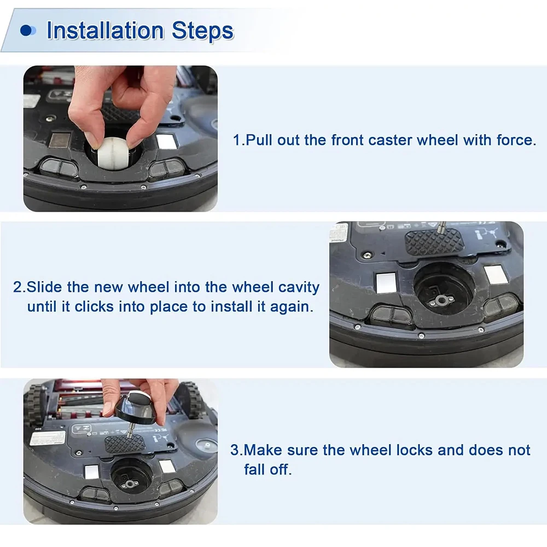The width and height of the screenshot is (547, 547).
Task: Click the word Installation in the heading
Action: click(105, 30)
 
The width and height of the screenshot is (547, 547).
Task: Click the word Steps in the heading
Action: click(203, 30)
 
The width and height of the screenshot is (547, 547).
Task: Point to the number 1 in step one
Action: click(237, 140)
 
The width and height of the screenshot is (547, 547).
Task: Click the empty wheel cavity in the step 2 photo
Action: click(444, 293)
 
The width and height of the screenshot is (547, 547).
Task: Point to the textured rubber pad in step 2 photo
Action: click(434, 242)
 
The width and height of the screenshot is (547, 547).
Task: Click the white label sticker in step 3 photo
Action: click(48, 438)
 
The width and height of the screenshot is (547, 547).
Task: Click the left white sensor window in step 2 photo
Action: click(387, 283)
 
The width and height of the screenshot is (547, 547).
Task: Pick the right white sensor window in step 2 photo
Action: click(496, 275)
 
